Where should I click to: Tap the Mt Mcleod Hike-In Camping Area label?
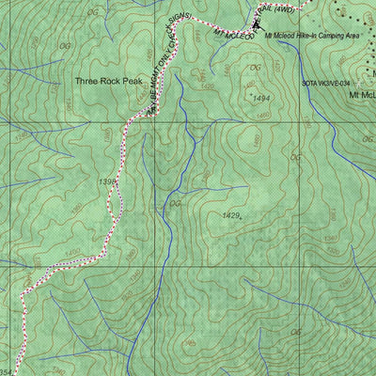311,35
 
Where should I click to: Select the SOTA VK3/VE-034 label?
333,83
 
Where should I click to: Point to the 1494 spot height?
262,97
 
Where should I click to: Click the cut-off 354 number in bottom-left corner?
7,370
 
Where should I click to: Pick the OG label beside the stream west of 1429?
174,204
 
